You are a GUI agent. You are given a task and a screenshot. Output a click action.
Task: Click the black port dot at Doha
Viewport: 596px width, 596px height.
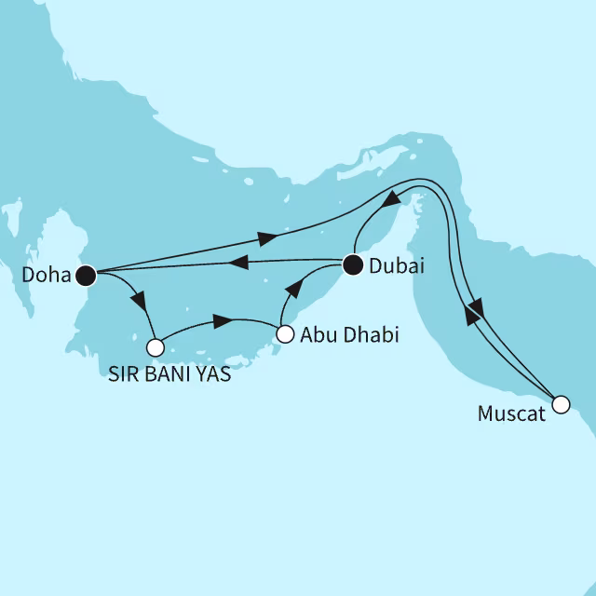pos(87,275)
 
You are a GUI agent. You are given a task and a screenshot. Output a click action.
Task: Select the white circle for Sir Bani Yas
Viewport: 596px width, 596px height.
pos(156,347)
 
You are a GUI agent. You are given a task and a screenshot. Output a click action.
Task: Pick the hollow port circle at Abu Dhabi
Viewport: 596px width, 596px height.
pos(286,333)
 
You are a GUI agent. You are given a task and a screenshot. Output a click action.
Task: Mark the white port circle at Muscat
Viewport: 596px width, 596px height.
pos(560,404)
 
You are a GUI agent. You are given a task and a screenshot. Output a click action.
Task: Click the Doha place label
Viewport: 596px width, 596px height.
pos(43,276)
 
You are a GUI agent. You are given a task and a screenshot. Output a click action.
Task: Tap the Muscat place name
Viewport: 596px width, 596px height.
pos(512,413)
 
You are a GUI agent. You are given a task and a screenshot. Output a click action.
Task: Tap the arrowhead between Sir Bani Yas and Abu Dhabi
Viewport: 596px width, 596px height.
pos(222,322)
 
